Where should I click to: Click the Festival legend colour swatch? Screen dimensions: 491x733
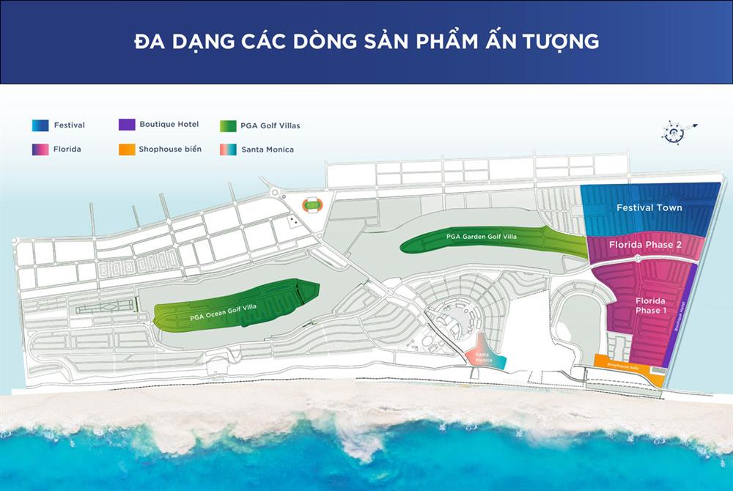[x=40, y=125]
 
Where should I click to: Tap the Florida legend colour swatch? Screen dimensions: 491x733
[x=40, y=149]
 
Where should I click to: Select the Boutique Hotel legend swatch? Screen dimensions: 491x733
[x=126, y=125]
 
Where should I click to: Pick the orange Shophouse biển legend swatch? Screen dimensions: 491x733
[x=126, y=149]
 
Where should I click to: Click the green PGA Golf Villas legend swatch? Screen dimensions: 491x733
[x=228, y=125]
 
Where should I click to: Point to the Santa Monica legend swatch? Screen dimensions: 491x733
[x=228, y=149]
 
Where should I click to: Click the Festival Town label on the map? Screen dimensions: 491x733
[x=649, y=207]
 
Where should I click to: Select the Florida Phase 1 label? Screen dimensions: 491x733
[x=650, y=306]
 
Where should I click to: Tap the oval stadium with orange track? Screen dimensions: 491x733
[x=313, y=206]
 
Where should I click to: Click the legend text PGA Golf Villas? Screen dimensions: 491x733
[x=270, y=125]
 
